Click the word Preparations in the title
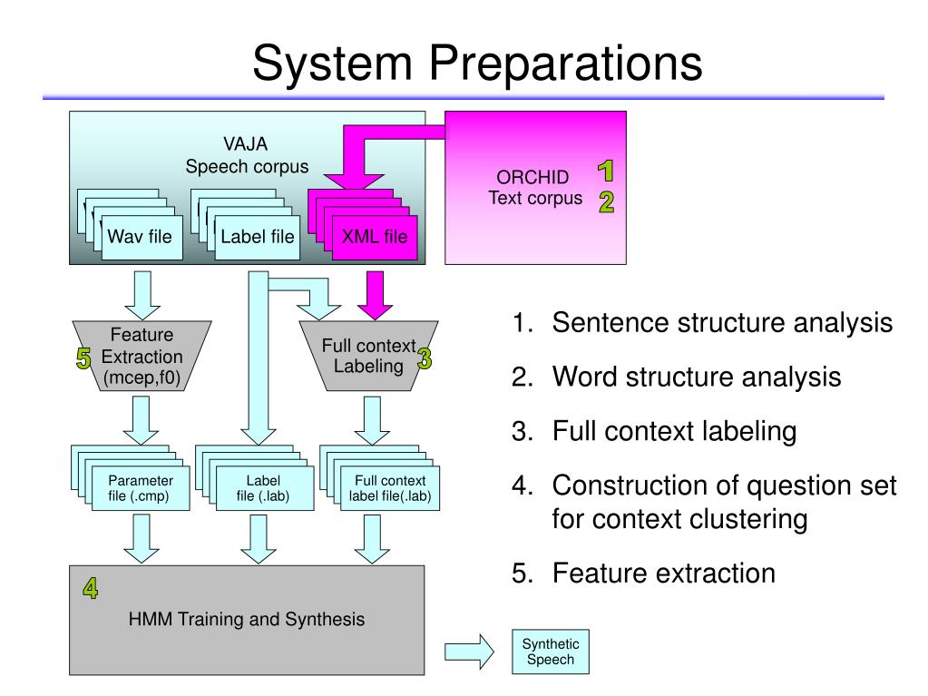click(x=565, y=64)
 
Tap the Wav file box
click(x=142, y=238)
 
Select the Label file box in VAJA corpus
click(x=257, y=238)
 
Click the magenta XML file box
click(x=375, y=238)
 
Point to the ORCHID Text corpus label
click(x=535, y=188)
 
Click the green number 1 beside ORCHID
click(x=605, y=171)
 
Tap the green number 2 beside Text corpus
click(x=606, y=201)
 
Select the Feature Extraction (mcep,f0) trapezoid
click(x=142, y=356)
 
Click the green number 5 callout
click(x=83, y=358)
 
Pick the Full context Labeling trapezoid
click(x=368, y=356)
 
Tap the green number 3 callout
click(x=425, y=358)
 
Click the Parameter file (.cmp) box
click(x=141, y=488)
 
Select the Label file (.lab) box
click(x=265, y=488)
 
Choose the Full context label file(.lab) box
click(x=390, y=488)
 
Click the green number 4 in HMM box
click(x=91, y=588)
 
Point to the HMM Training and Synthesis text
click(x=246, y=619)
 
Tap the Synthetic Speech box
click(x=551, y=652)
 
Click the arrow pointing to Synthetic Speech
click(x=469, y=652)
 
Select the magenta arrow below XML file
click(x=376, y=295)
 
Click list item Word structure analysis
click(x=697, y=377)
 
